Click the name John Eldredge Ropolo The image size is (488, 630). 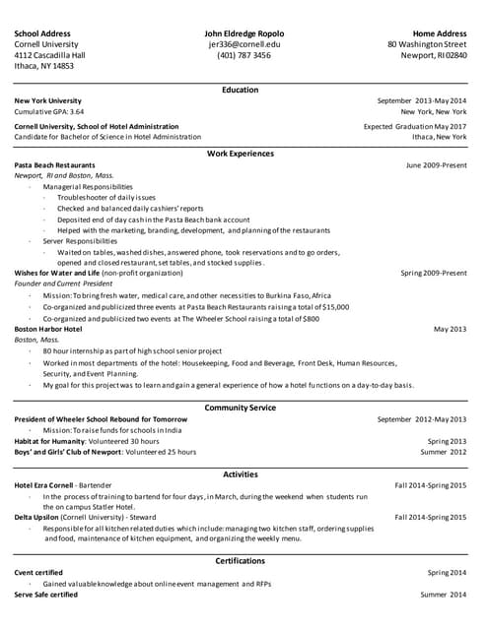244,33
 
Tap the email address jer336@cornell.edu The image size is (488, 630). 244,44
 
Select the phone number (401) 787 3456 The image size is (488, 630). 244,55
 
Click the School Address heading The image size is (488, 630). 42,33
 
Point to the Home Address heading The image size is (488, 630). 440,33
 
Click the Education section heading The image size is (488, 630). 241,90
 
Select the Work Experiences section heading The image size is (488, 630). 241,154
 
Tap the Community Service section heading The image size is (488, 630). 241,408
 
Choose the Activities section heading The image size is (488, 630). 241,474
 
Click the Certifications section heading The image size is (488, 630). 241,561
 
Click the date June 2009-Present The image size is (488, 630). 436,165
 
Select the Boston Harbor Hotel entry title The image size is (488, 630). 48,329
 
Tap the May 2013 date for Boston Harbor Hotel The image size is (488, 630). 450,329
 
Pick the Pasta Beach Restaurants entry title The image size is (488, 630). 55,165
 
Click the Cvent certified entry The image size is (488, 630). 38,573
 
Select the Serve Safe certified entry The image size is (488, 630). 45,595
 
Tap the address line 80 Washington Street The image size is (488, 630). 427,44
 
